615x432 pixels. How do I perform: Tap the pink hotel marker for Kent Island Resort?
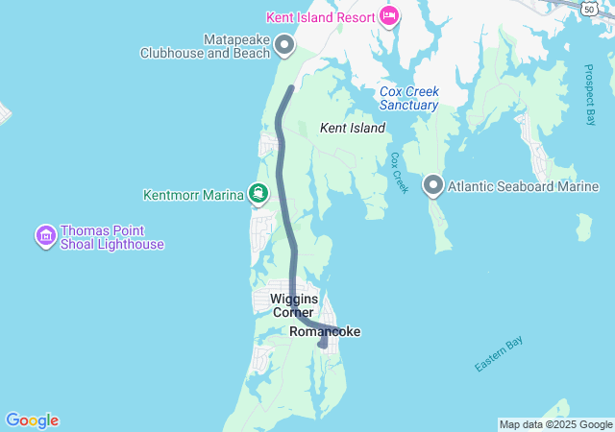(389, 16)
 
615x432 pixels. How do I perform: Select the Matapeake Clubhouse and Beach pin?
(284, 44)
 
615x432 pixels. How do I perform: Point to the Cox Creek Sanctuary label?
(408, 98)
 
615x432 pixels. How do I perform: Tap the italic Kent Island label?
(352, 128)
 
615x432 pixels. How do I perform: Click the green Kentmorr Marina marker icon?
(258, 194)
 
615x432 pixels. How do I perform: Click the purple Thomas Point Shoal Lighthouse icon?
(44, 235)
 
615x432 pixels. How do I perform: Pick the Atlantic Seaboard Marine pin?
(433, 185)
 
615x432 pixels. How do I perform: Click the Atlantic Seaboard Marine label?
(524, 187)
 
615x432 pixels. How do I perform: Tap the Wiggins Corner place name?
(293, 305)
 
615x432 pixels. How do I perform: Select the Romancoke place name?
(325, 332)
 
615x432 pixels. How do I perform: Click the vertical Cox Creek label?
(400, 172)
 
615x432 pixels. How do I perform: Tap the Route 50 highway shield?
(587, 7)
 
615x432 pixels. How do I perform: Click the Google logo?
(32, 420)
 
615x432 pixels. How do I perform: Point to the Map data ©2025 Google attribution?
(555, 424)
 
